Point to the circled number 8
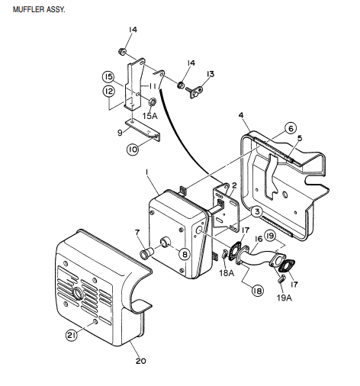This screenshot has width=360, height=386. pos(184,255)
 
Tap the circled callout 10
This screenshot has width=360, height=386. pos(132,150)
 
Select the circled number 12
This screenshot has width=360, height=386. pos(109,92)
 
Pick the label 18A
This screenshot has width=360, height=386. pos(227,272)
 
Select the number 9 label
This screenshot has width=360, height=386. pos(120,131)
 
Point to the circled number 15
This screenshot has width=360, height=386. pos(109,77)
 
